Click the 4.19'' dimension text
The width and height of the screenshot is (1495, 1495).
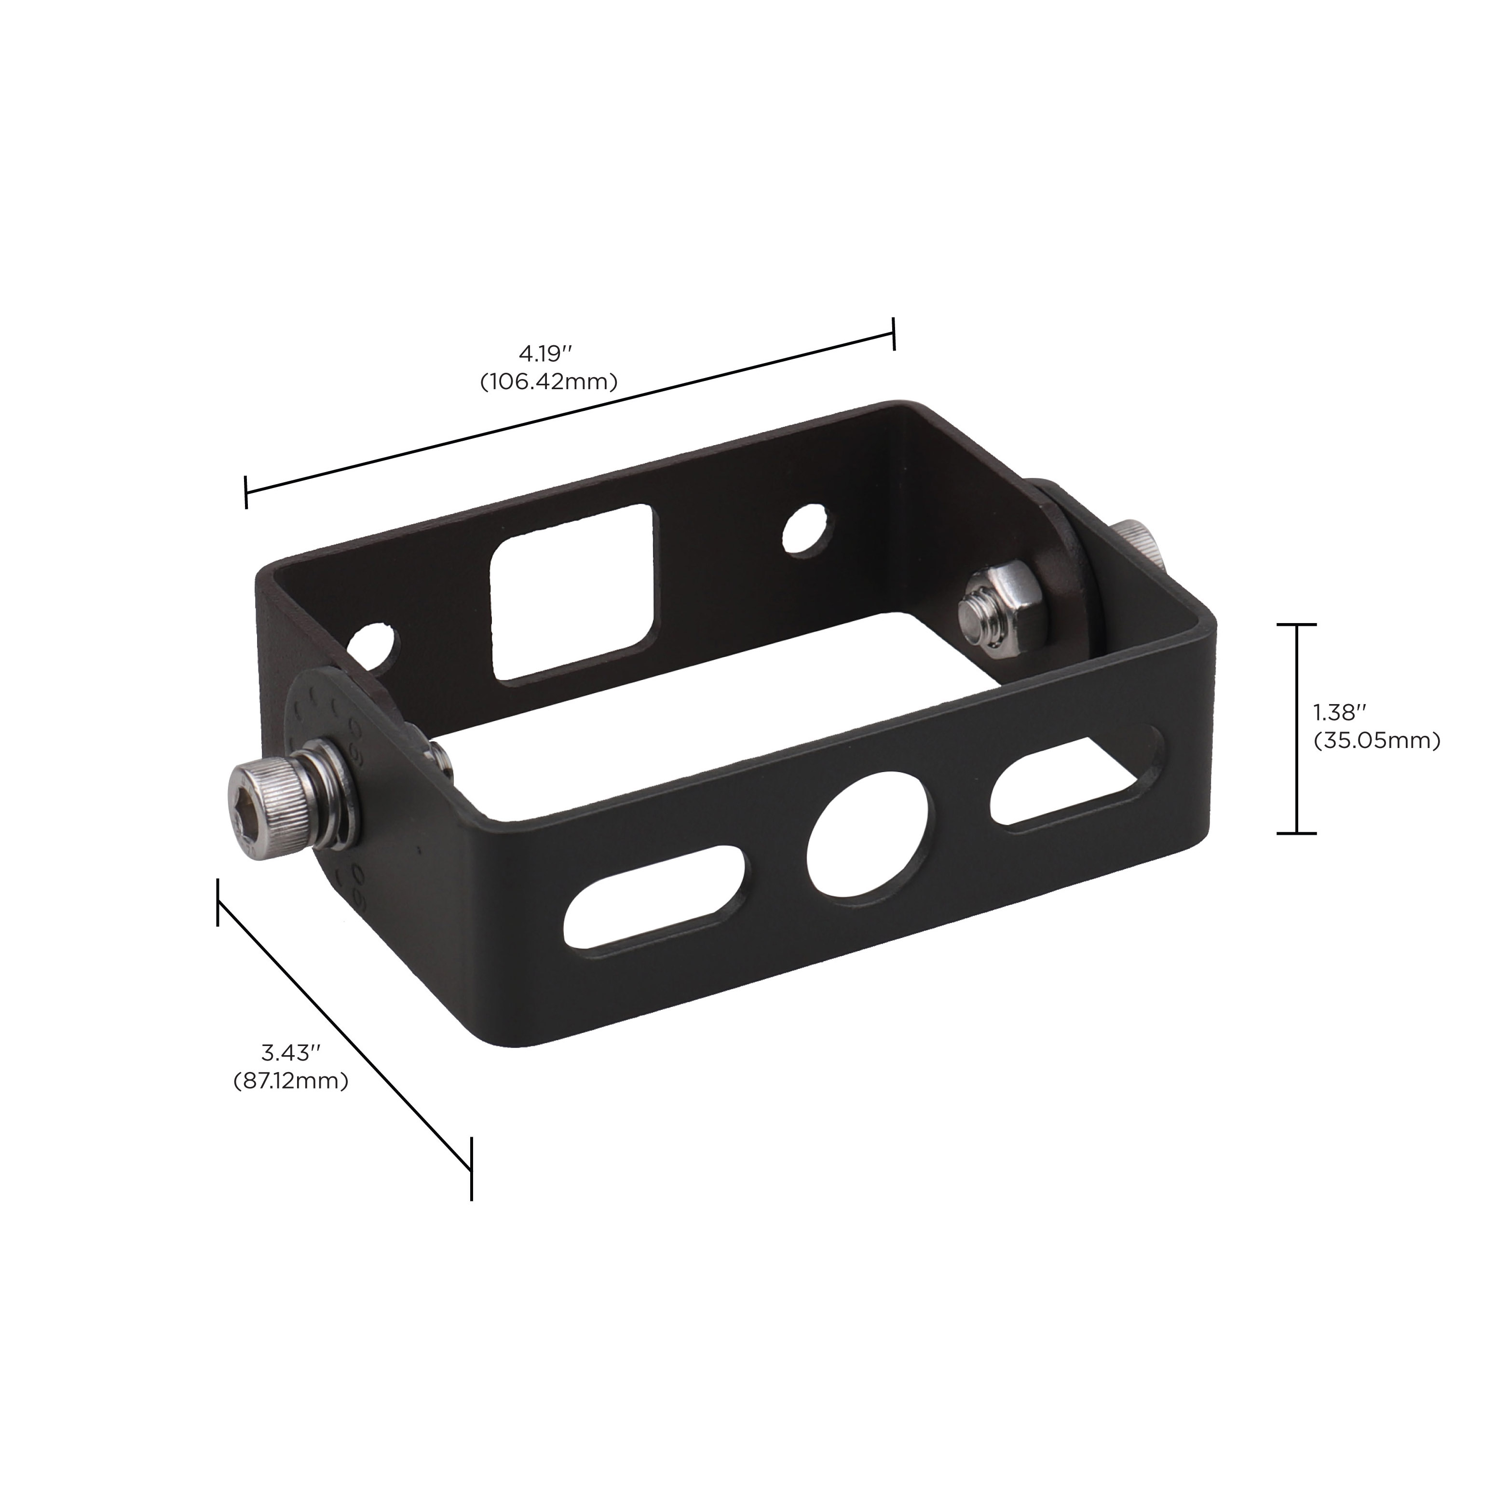click(x=545, y=355)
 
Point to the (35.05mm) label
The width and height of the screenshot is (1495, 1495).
click(x=1377, y=741)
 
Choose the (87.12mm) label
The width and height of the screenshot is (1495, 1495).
click(x=291, y=1081)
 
